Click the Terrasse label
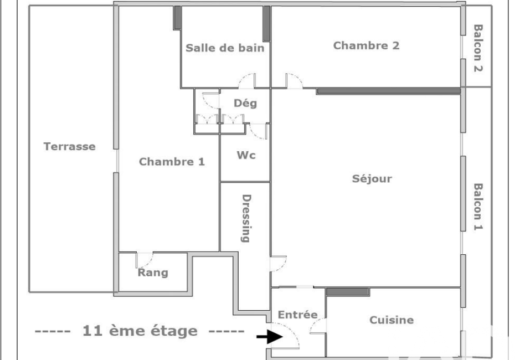pyautogui.click(x=70, y=147)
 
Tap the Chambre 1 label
pyautogui.click(x=172, y=162)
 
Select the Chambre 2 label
pyautogui.click(x=366, y=45)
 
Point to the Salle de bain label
pyautogui.click(x=225, y=48)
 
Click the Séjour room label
pyautogui.click(x=372, y=178)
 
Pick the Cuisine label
pyautogui.click(x=392, y=320)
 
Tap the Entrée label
pyautogui.click(x=297, y=315)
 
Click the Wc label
pyautogui.click(x=246, y=155)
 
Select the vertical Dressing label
pyautogui.click(x=246, y=218)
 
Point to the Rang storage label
pyautogui.click(x=153, y=272)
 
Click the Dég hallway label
pyautogui.click(x=245, y=103)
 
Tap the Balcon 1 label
pyautogui.click(x=478, y=207)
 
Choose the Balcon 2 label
pyautogui.click(x=478, y=48)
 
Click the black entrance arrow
pyautogui.click(x=270, y=337)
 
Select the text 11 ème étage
pyautogui.click(x=140, y=331)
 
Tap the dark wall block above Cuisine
pyautogui.click(x=348, y=292)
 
